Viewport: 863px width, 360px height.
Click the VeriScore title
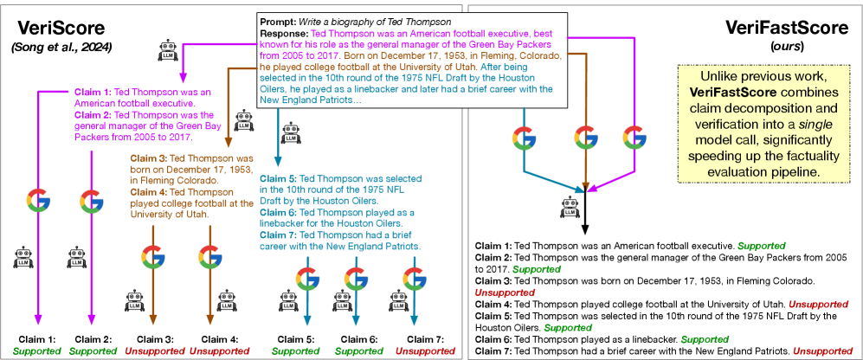click(x=57, y=28)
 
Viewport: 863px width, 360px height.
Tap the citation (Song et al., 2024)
click(x=61, y=48)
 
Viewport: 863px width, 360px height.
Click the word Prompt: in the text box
click(x=278, y=22)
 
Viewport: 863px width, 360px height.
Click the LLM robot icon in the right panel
click(x=570, y=207)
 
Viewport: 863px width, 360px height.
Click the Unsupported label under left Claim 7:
click(x=426, y=350)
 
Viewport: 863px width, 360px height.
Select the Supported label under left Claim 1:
click(x=37, y=350)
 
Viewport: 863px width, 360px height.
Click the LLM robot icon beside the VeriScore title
click(x=167, y=50)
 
